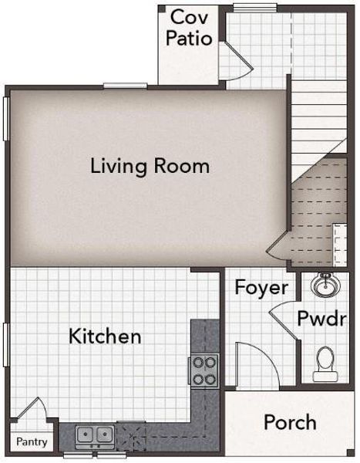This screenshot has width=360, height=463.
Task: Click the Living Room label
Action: pos(150,165)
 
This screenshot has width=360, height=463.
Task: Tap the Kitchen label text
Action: pos(105,336)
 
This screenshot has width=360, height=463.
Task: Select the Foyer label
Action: pos(261,288)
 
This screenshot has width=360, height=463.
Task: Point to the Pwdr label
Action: pos(321,319)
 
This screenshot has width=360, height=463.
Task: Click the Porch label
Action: pos(290,422)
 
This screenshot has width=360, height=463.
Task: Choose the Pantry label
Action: pos(32,443)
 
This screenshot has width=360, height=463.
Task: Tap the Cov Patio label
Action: pos(190,27)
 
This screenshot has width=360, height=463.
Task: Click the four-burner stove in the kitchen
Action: pos(205,370)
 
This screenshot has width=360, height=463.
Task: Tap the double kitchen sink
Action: pos(95,436)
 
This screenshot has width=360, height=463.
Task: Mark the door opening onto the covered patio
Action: pos(230,62)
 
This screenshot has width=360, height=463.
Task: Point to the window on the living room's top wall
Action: pos(125,85)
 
